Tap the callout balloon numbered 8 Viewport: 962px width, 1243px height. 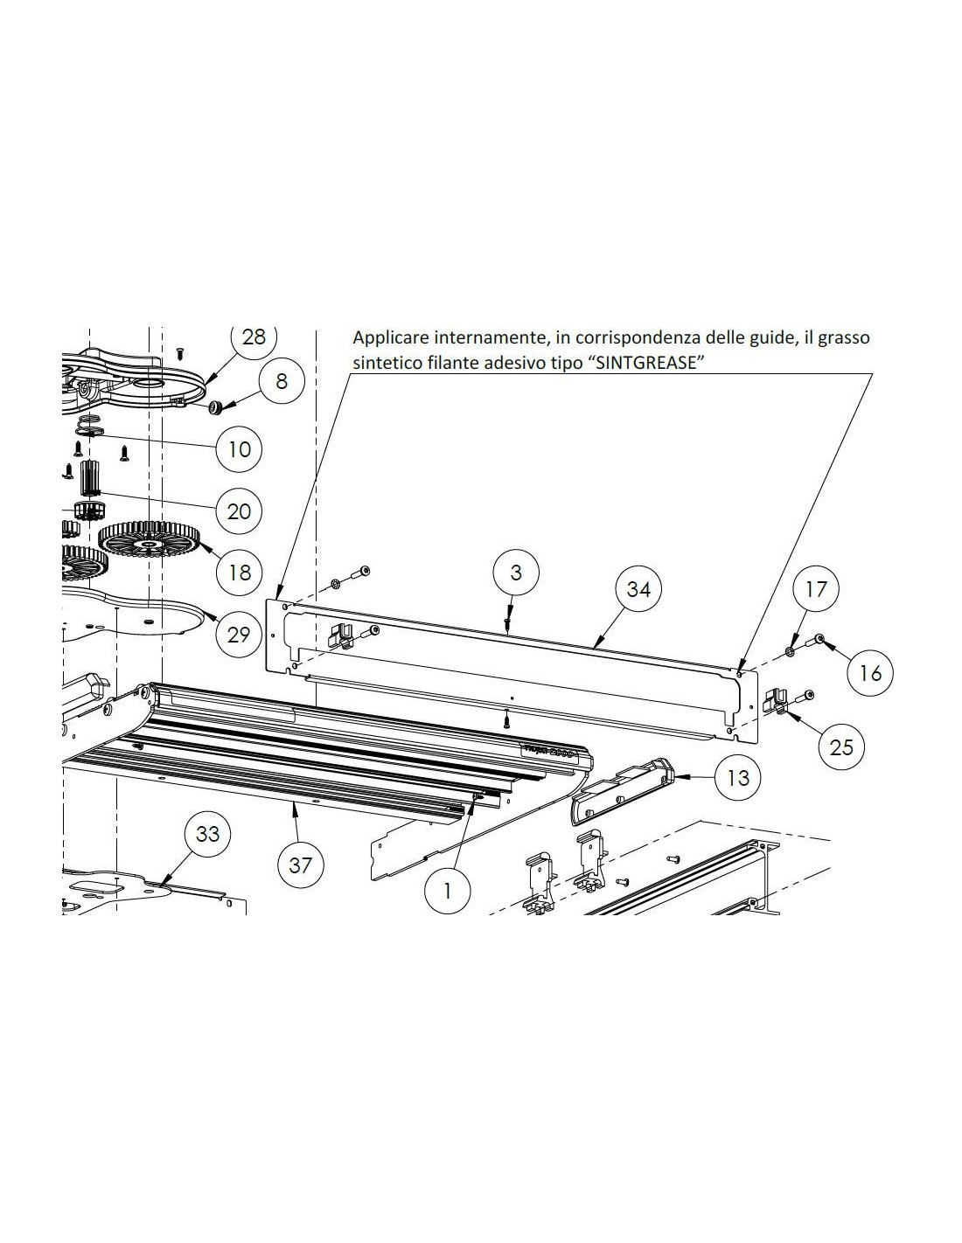(281, 381)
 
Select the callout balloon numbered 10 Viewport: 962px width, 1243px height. (240, 449)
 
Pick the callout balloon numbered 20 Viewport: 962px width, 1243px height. (240, 510)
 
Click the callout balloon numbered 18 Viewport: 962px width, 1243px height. (240, 572)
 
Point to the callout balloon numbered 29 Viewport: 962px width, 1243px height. (238, 635)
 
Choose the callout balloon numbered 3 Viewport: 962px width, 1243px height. (516, 572)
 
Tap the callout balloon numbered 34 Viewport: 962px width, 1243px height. (638, 588)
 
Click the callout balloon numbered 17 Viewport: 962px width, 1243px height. (816, 588)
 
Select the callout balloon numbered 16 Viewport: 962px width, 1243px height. (870, 673)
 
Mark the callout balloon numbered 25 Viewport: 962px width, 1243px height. (841, 746)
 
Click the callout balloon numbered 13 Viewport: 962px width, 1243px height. (737, 778)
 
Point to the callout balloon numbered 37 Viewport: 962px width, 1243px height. (300, 865)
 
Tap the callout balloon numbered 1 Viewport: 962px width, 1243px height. (448, 891)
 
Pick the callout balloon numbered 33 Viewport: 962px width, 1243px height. (208, 834)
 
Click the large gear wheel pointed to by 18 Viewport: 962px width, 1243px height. (150, 539)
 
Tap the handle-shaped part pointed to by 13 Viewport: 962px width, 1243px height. (623, 791)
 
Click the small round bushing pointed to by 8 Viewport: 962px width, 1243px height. (216, 406)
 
